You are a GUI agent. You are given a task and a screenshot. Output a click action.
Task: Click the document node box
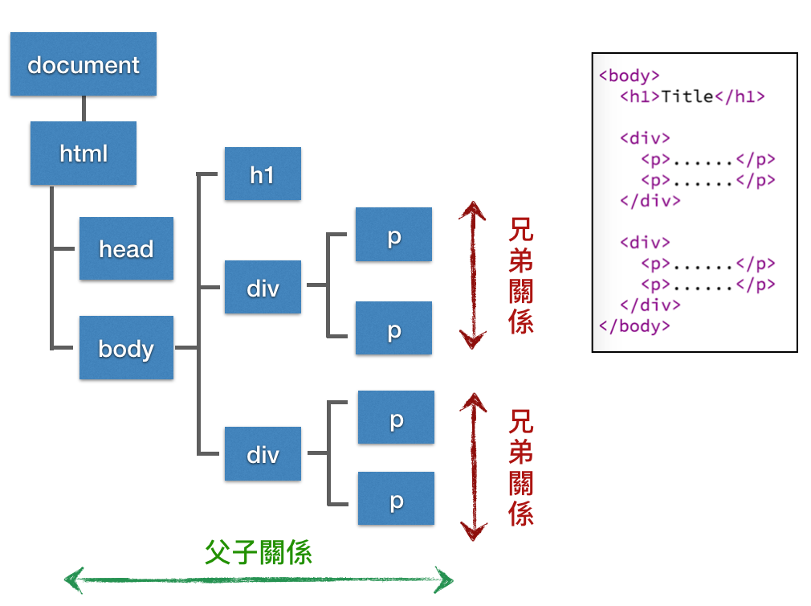point(83,64)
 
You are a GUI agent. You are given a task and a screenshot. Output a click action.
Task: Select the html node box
point(84,153)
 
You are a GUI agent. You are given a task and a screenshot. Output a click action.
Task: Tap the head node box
point(126,248)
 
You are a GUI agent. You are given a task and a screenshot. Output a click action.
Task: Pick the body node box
point(126,348)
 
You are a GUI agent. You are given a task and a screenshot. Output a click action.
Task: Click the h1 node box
point(263,174)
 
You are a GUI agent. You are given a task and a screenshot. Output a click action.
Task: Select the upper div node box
point(263,287)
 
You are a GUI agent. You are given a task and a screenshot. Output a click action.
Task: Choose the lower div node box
point(263,454)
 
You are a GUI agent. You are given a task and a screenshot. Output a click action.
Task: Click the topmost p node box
point(393,235)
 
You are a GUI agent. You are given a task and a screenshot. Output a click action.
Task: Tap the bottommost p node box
point(396,498)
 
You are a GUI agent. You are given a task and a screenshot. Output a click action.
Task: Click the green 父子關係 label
point(259,551)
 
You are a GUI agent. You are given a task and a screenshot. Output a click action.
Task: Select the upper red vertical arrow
point(473,276)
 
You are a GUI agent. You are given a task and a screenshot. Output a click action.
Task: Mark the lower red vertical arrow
point(474,467)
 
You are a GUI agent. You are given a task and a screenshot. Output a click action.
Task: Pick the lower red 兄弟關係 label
point(521,467)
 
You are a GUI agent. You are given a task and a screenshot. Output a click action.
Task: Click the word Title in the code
point(687,96)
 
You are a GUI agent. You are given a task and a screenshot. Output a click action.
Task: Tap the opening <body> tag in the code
point(630,76)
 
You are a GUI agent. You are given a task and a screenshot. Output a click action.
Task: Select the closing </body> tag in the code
point(634,326)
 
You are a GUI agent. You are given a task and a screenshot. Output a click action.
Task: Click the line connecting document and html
point(83,109)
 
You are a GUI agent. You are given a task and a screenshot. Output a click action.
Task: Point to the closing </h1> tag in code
point(740,96)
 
